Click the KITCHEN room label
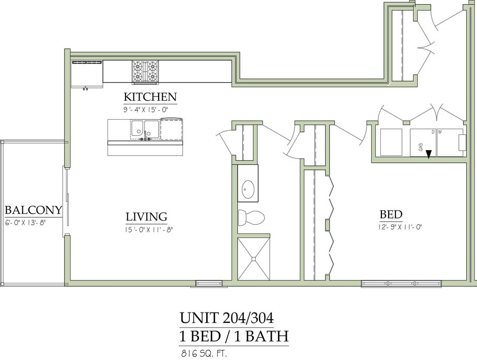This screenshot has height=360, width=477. click(x=150, y=97)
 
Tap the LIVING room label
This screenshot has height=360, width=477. click(x=147, y=217)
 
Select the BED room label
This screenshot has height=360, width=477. click(x=391, y=215)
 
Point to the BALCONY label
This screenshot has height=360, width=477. click(x=34, y=210)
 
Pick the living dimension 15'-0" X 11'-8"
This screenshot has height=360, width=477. click(x=149, y=229)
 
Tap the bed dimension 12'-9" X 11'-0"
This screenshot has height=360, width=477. click(x=401, y=227)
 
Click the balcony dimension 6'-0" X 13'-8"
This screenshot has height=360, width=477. click(x=25, y=222)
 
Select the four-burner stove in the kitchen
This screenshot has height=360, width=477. click(x=145, y=72)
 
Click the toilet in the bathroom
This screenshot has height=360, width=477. click(x=251, y=217)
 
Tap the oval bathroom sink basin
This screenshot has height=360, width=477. click(x=248, y=189)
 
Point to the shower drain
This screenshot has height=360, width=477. click(x=253, y=259)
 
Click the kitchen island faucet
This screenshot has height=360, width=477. click(x=145, y=136)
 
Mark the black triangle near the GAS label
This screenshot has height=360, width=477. click(x=428, y=154)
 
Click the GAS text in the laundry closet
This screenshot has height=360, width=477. click(x=421, y=148)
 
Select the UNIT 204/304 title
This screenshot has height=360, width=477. click(x=227, y=318)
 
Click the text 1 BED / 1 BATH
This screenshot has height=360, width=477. click(x=234, y=336)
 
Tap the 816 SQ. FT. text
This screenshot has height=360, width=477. click(x=204, y=354)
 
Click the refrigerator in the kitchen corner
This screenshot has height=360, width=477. click(x=87, y=74)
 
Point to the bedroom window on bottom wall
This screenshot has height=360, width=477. click(x=401, y=284)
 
